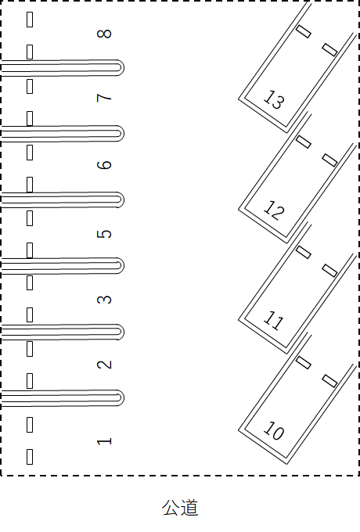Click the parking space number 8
(x=104, y=34)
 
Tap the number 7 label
(x=104, y=98)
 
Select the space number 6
(x=104, y=165)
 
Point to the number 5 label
(x=104, y=234)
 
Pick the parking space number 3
(x=104, y=300)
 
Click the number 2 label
(x=104, y=365)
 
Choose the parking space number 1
(x=104, y=441)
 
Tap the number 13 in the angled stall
(x=274, y=100)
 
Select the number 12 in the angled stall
(x=274, y=210)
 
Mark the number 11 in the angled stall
(x=273, y=321)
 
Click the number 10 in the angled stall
(x=274, y=431)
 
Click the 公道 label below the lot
(x=180, y=508)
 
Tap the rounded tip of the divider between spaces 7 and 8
(x=123, y=67)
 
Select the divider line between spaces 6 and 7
(x=63, y=133)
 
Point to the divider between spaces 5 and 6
(x=63, y=199)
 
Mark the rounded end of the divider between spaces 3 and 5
(x=123, y=266)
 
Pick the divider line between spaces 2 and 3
(x=63, y=332)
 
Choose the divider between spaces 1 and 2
(x=63, y=398)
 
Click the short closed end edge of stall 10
(x=263, y=448)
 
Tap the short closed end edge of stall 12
(x=263, y=226)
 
